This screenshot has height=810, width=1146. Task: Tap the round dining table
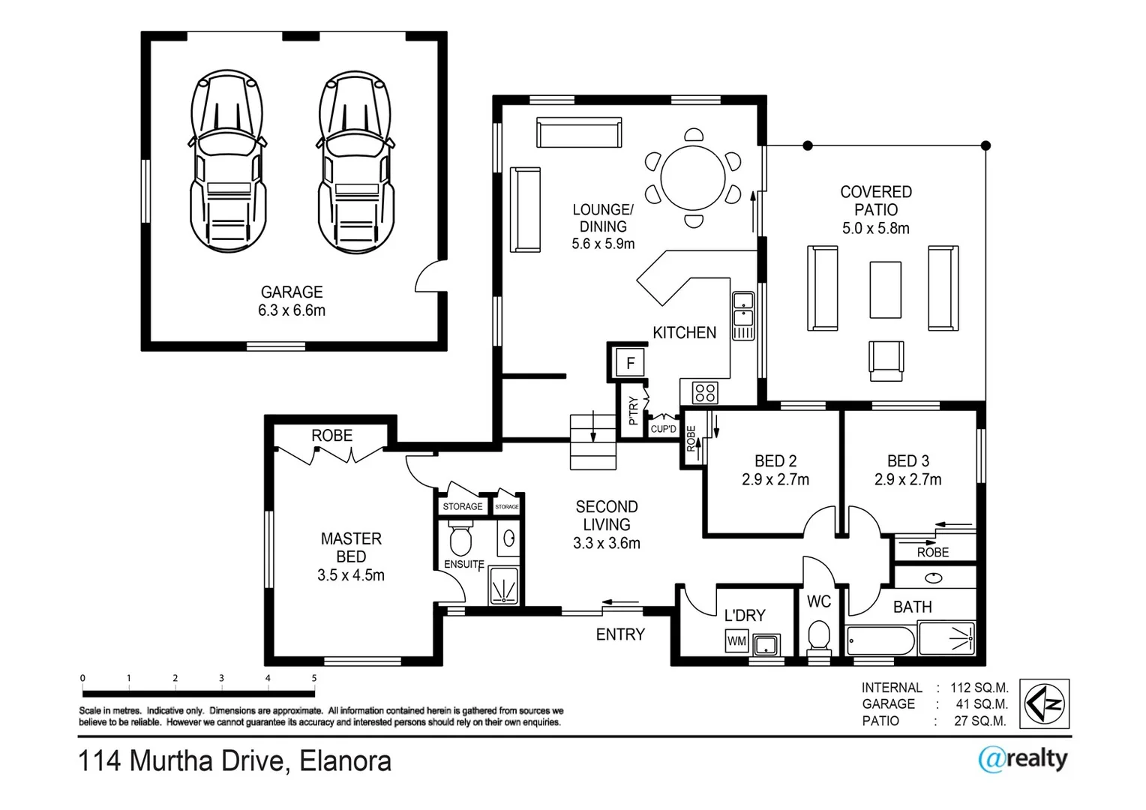[694, 178]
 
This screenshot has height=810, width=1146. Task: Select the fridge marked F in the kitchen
[630, 364]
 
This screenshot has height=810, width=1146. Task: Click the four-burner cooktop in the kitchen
[705, 392]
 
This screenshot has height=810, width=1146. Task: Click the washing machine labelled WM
[736, 641]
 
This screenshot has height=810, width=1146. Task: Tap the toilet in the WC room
[818, 638]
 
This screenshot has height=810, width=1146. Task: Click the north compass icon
[1045, 703]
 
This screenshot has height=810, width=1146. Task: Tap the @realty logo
[1022, 759]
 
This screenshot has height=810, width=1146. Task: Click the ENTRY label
[620, 634]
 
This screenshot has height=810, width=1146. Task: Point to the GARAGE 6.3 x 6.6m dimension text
[292, 310]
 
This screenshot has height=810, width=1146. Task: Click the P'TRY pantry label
[633, 410]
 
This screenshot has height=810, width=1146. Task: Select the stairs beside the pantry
[592, 441]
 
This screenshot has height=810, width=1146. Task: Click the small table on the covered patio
[885, 290]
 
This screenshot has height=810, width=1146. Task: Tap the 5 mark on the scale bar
[314, 678]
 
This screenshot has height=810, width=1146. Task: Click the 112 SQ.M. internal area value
[979, 688]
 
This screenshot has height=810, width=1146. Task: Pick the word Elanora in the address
[345, 761]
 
